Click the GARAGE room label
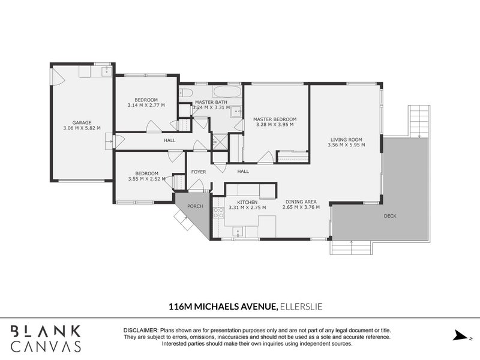[82, 122]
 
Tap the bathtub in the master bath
[227, 93]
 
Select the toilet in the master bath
[185, 93]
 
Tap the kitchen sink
[238, 229]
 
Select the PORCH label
[195, 206]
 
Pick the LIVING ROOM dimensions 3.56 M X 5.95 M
[346, 145]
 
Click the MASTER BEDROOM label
[274, 119]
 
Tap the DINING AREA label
[301, 202]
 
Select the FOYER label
[199, 172]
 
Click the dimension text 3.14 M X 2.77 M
[146, 105]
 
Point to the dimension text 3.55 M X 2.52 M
[146, 178]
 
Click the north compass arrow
[461, 335]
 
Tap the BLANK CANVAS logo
[46, 338]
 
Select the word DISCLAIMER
[140, 331]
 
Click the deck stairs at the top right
[419, 121]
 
